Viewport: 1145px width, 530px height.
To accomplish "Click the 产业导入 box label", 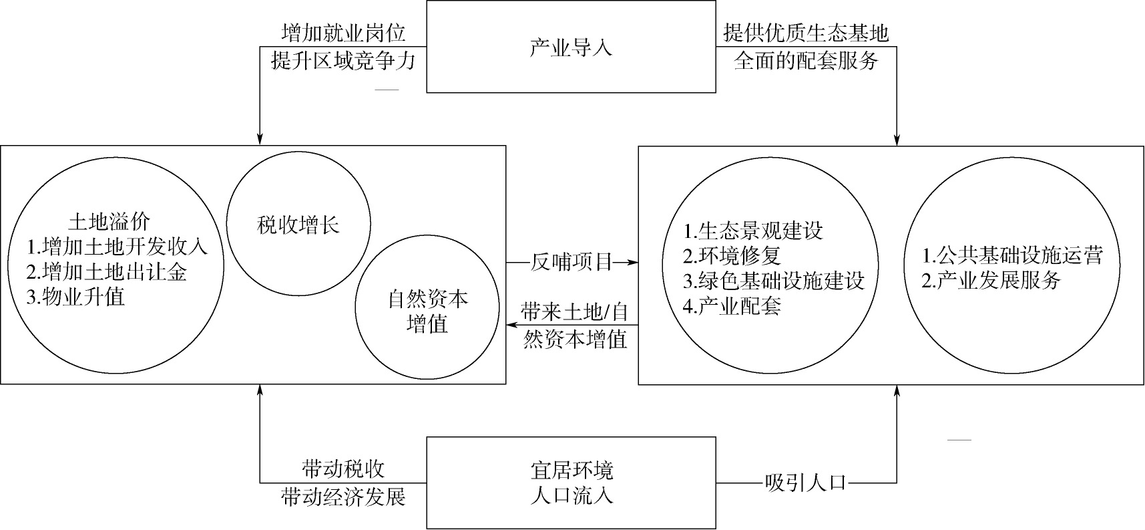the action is [x=570, y=47].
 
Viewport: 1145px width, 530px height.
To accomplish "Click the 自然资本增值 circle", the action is [x=427, y=307].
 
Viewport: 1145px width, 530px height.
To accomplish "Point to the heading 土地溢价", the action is [x=110, y=221].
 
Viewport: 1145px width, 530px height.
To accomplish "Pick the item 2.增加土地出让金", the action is [x=107, y=271].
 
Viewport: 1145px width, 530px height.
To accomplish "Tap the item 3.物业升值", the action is [x=76, y=296].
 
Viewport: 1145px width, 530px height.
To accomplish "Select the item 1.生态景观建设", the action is [x=753, y=231].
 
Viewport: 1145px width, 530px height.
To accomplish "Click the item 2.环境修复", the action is [x=732, y=256].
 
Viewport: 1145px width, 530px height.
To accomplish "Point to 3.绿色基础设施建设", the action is [x=774, y=281].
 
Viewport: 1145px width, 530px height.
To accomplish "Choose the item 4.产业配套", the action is [x=732, y=306].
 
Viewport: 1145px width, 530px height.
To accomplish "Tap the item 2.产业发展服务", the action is [x=991, y=280].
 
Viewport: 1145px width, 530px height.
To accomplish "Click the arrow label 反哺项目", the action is [x=571, y=263].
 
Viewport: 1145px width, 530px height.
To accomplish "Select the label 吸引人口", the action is [x=805, y=482].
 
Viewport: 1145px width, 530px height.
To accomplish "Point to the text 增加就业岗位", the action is [x=344, y=33].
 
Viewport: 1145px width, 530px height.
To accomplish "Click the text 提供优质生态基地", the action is [x=806, y=33].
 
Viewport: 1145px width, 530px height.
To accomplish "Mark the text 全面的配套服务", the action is [x=806, y=61].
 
